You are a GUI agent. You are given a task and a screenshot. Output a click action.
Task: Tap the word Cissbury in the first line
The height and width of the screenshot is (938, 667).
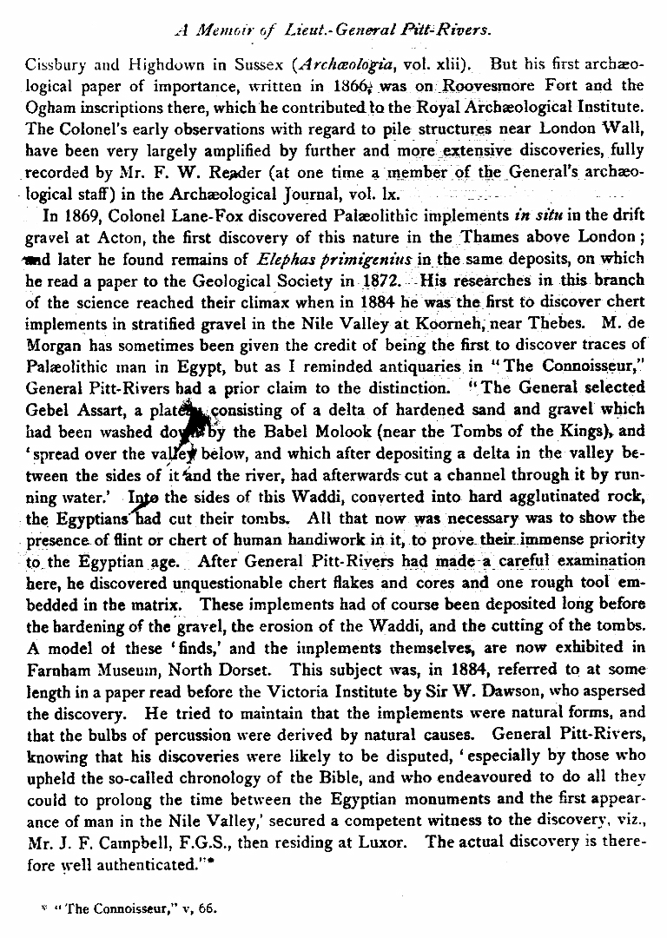[x=55, y=63]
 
